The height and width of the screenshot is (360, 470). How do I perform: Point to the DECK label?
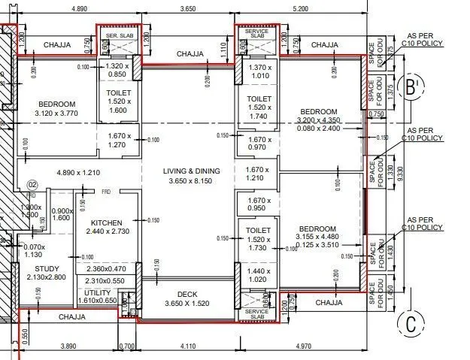pyautogui.click(x=186, y=295)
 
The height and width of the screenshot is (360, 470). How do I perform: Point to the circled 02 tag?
pyautogui.click(x=32, y=183)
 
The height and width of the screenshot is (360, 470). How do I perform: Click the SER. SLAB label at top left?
pyautogui.click(x=119, y=36)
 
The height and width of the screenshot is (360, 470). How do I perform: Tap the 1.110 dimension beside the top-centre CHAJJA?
pyautogui.click(x=223, y=50)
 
